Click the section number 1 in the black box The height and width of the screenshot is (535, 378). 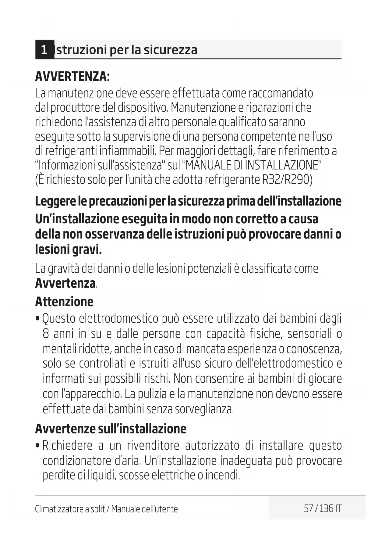44,49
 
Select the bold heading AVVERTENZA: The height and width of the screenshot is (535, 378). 72,76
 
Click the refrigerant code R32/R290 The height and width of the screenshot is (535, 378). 287,180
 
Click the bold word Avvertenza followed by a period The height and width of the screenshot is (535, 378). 65,283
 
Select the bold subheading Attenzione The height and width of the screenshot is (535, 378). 64,302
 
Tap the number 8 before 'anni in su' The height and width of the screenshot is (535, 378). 46,334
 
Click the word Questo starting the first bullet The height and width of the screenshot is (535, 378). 59,318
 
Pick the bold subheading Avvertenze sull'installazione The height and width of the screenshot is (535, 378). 111,429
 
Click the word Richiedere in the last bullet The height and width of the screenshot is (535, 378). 67,445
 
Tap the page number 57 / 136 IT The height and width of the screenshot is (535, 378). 323,508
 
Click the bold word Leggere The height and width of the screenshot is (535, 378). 55,201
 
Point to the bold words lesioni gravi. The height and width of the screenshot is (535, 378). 68,250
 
